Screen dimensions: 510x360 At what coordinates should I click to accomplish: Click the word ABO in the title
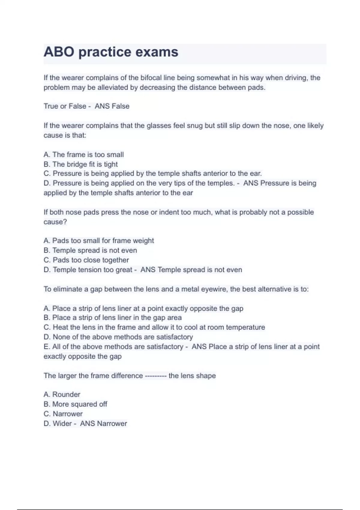[x=59, y=52]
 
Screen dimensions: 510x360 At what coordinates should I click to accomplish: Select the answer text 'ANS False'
[x=112, y=106]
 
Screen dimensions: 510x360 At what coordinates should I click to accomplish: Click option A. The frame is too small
[x=84, y=155]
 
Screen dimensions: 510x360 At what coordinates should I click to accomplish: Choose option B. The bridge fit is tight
[x=81, y=164]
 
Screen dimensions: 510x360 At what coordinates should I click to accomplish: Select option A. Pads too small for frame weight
[x=99, y=241]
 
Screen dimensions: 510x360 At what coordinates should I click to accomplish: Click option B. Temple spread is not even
[x=90, y=250]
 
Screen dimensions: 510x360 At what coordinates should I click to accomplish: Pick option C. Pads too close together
[x=86, y=260]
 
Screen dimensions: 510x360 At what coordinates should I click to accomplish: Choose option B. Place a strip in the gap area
[x=113, y=318]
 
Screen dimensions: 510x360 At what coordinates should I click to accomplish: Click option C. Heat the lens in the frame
[x=154, y=327]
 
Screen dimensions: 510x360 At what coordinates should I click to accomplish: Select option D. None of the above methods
[x=118, y=337]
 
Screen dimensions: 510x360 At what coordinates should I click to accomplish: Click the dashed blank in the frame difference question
[x=156, y=376]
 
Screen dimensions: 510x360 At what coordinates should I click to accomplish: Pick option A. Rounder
[x=62, y=394]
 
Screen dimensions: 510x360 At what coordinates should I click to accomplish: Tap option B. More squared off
[x=75, y=404]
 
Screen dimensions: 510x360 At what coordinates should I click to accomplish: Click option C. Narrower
[x=63, y=414]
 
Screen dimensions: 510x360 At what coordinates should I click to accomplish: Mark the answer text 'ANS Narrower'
[x=103, y=424]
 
